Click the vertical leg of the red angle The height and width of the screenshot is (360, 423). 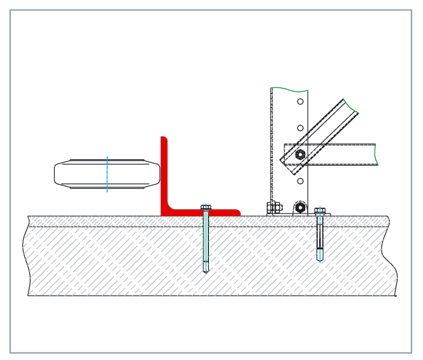point(164,172)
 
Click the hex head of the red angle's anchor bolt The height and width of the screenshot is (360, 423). point(206,207)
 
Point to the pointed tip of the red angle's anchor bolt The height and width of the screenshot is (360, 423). point(206,270)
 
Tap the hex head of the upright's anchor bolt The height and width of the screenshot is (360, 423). point(320,210)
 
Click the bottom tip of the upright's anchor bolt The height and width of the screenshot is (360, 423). point(320,259)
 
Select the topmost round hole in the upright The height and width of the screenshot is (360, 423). point(300,101)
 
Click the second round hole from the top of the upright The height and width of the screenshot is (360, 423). point(300,127)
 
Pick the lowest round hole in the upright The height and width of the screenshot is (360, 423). point(300,181)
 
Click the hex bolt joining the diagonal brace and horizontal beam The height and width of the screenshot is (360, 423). point(300,154)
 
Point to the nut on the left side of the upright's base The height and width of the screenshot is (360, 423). point(275,207)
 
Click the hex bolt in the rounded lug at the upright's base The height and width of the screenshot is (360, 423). point(299,208)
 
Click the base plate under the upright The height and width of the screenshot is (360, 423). point(299,215)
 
